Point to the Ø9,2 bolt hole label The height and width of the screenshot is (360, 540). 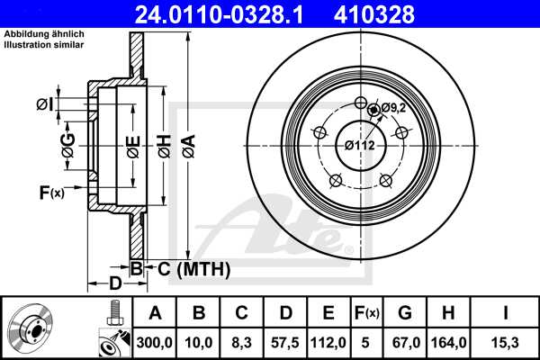click(x=391, y=108)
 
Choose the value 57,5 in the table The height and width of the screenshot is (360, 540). click(x=285, y=342)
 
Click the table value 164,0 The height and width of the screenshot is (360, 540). click(x=449, y=342)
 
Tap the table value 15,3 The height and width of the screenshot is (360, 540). click(x=506, y=342)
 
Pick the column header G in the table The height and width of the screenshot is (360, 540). click(x=405, y=313)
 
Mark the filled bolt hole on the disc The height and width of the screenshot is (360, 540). click(x=373, y=110)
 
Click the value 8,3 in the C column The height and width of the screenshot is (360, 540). click(x=241, y=342)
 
